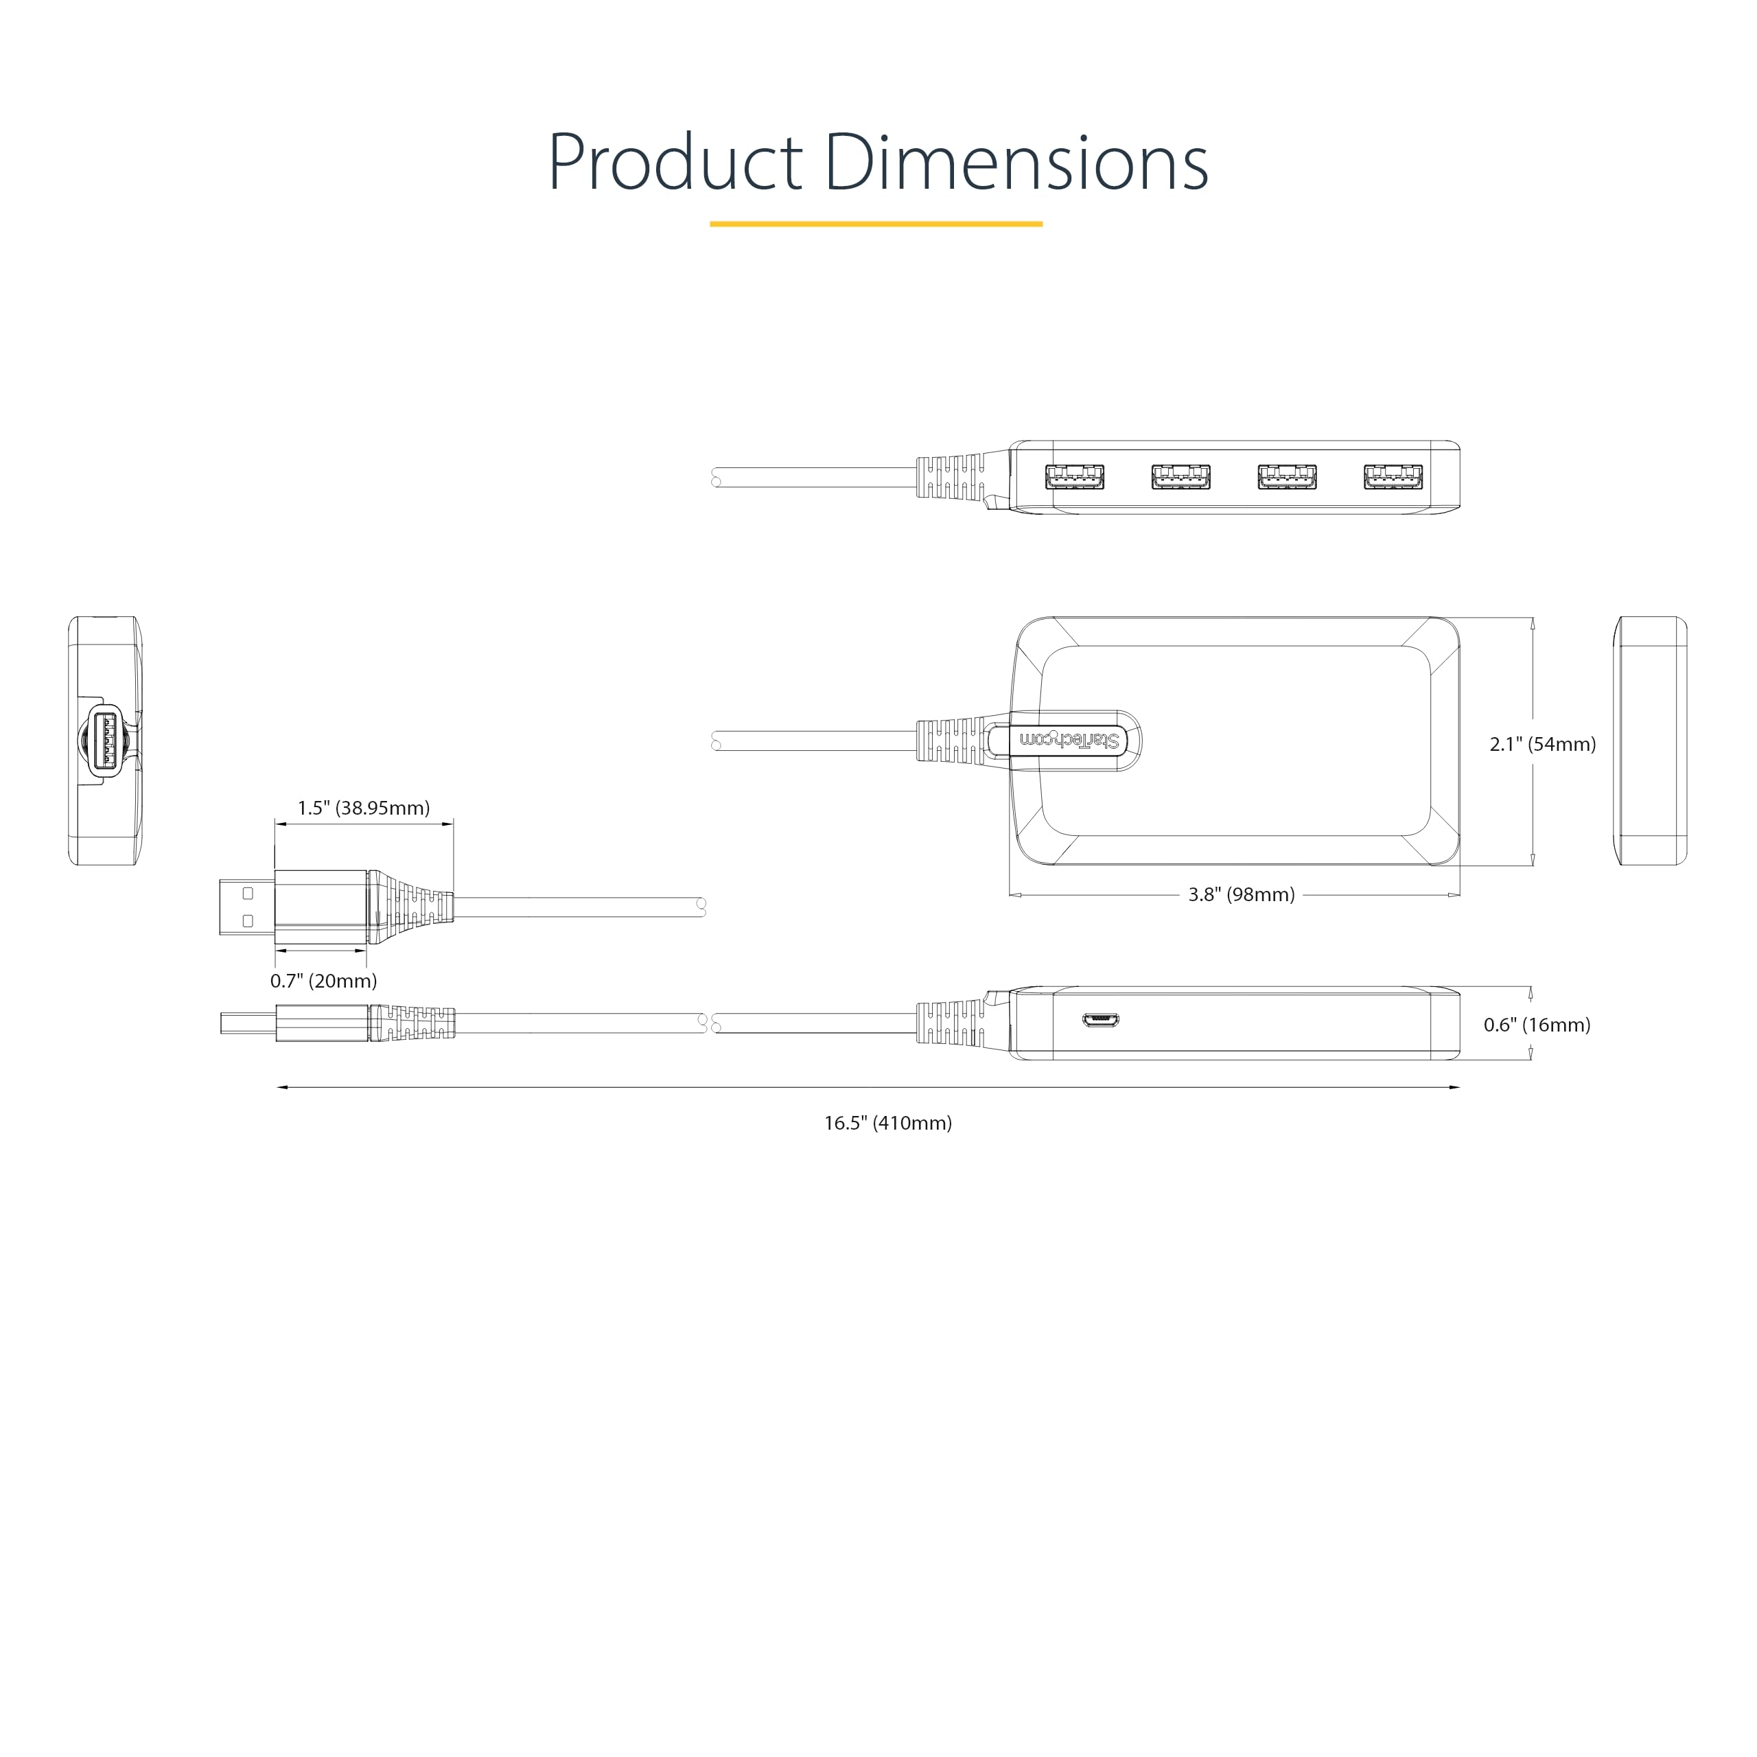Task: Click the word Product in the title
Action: [675, 162]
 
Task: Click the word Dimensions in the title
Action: [1016, 162]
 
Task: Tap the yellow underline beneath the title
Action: [876, 224]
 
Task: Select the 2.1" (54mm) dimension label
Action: [1542, 744]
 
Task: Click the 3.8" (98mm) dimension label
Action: [1242, 895]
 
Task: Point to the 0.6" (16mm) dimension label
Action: [1537, 1025]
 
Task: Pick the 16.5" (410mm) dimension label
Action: [887, 1123]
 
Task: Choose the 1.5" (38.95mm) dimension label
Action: [364, 808]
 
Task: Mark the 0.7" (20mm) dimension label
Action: [324, 980]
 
